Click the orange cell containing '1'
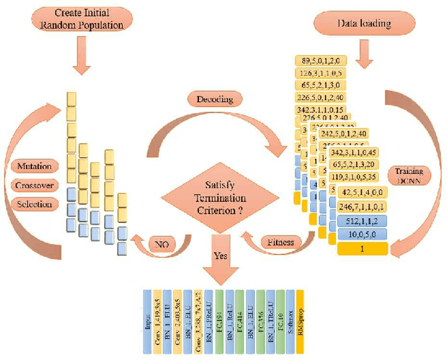362,247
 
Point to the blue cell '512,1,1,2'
362,221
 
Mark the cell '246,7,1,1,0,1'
362,207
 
